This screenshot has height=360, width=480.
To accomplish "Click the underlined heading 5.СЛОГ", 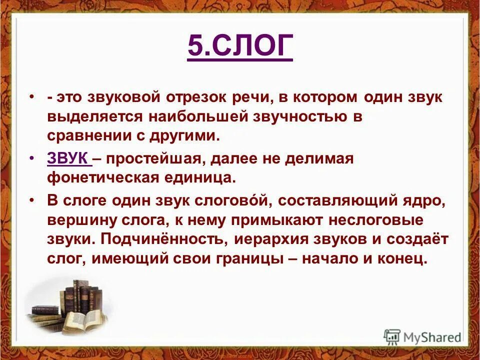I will (x=240, y=47).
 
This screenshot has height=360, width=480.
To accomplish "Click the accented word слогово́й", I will (x=226, y=201).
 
